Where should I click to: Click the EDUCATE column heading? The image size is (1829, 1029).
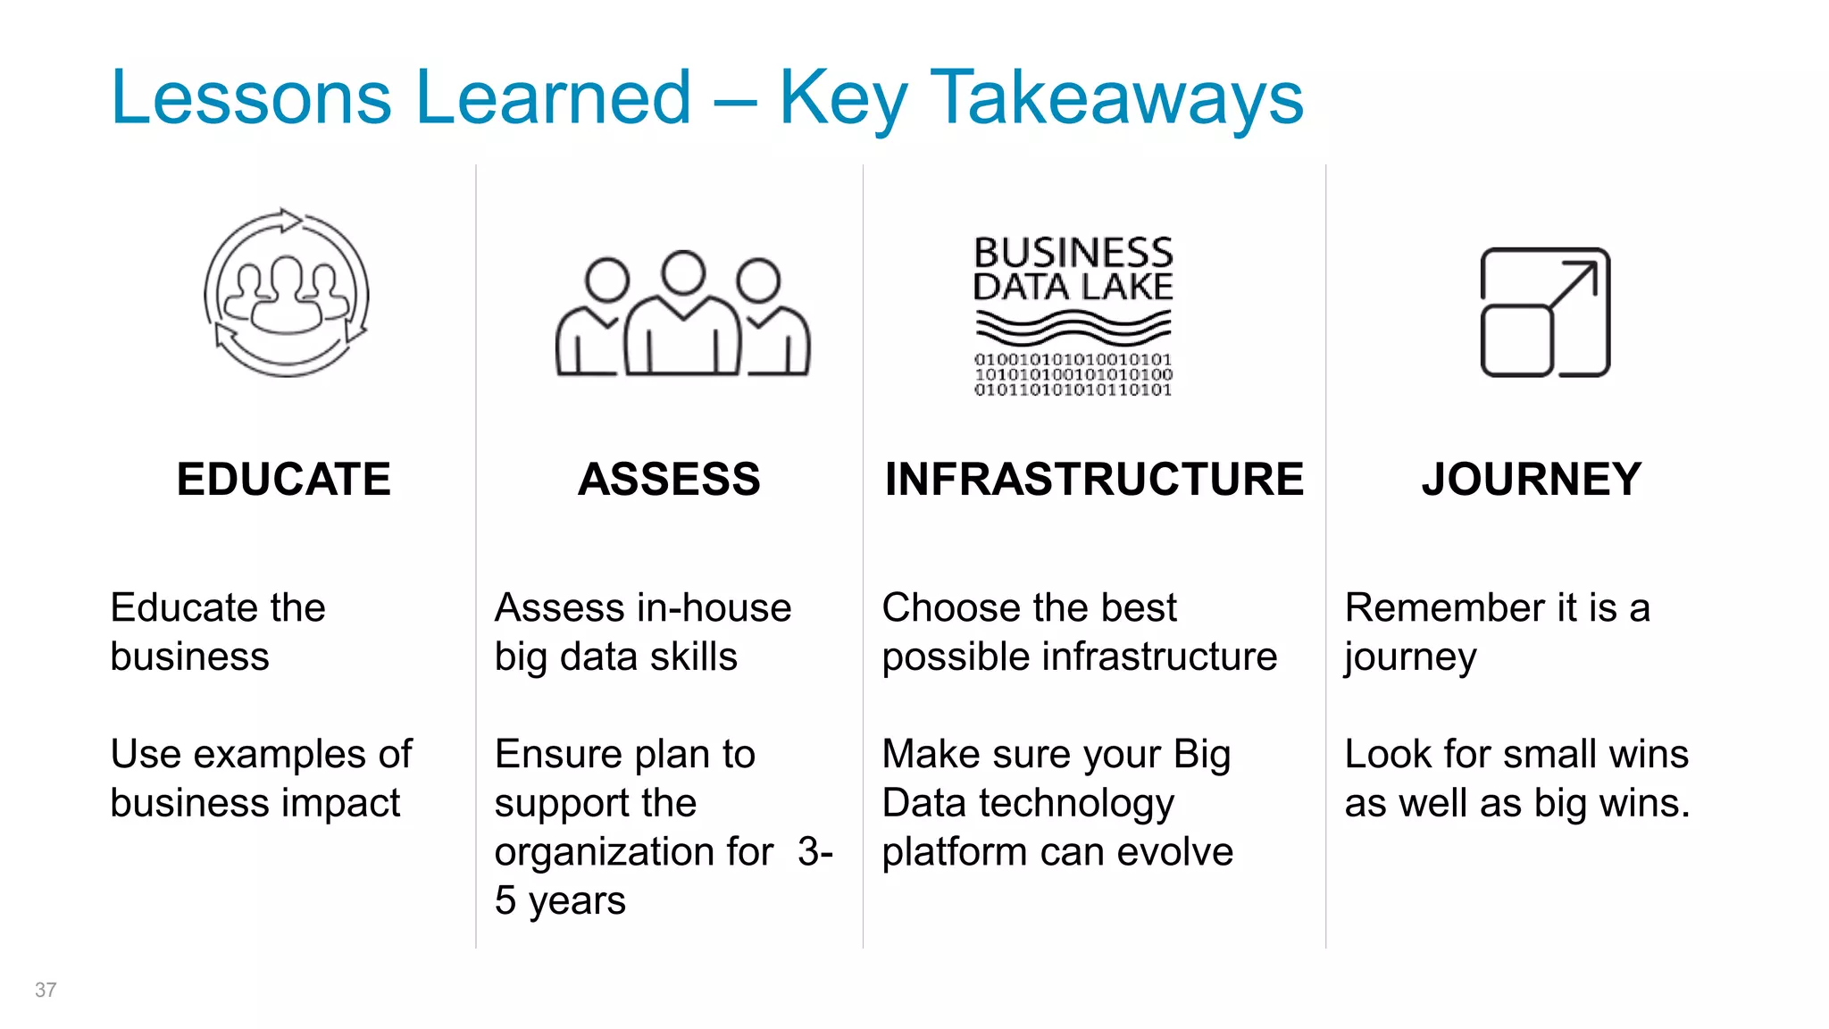click(283, 480)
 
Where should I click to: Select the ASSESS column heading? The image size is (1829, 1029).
click(669, 480)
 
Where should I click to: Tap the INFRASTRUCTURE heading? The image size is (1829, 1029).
click(1094, 480)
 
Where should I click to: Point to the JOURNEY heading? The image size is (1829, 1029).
click(1532, 480)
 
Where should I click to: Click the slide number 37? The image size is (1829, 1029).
click(46, 990)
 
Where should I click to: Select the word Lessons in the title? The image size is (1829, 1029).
click(251, 98)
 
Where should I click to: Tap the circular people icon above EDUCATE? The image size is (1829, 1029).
click(286, 293)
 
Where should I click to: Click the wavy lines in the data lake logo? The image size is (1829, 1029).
click(1073, 328)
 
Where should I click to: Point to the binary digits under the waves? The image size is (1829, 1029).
click(1073, 375)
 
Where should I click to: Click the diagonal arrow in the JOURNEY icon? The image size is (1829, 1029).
click(1574, 285)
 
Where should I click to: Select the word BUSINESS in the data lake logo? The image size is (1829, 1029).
click(1073, 253)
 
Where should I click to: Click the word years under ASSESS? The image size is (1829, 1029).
click(577, 901)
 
